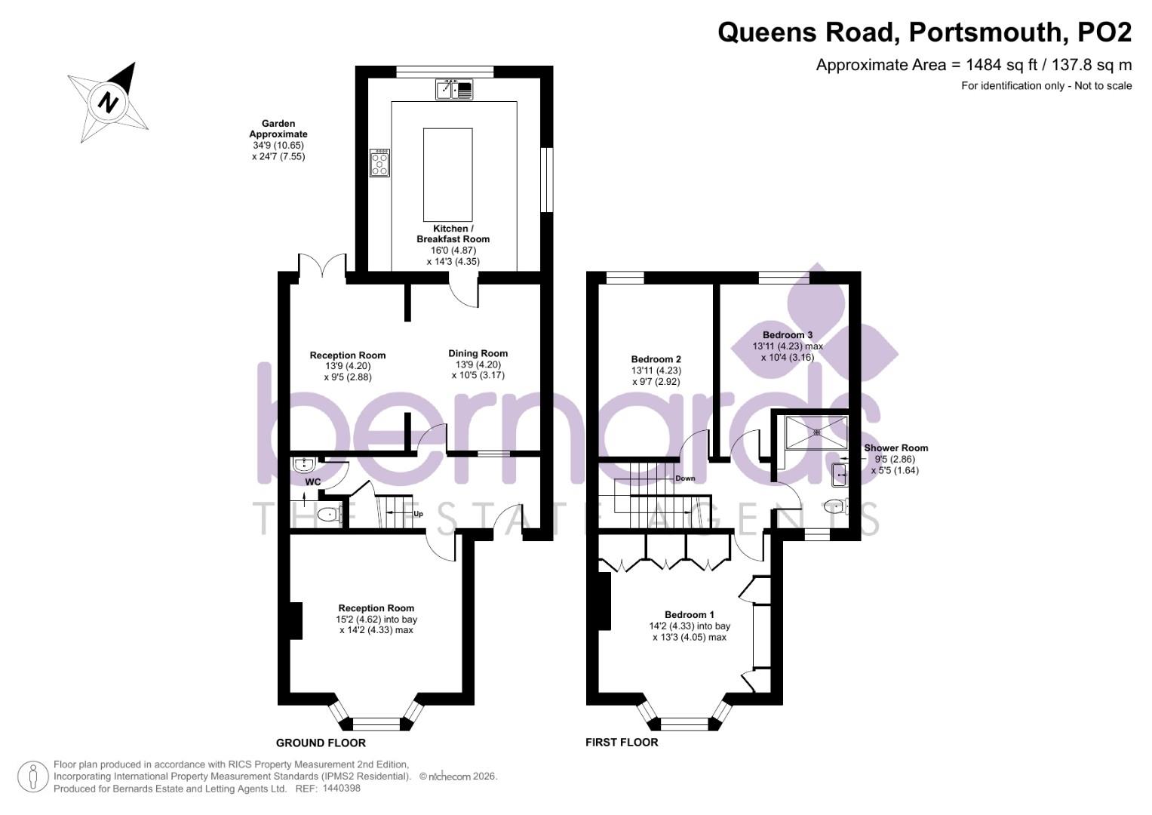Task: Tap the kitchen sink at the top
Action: (x=454, y=90)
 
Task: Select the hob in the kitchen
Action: (x=379, y=163)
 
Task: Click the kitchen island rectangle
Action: (x=448, y=174)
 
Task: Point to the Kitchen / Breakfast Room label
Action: (x=453, y=234)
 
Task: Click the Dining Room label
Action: (x=478, y=353)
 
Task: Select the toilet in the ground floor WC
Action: (x=328, y=515)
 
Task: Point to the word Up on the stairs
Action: (x=417, y=514)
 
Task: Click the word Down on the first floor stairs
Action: (x=685, y=478)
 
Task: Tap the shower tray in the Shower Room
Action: (x=816, y=432)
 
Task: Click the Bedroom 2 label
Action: (x=656, y=359)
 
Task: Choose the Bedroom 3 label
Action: (x=787, y=335)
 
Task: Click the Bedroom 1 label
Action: (x=689, y=614)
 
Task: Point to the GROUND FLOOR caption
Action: (x=321, y=743)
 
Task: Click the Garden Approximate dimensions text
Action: (x=278, y=140)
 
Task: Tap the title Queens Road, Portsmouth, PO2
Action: (x=924, y=32)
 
